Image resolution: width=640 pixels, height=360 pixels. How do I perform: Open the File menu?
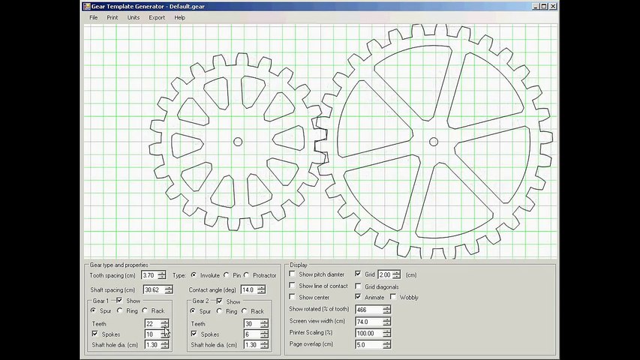pos(93,17)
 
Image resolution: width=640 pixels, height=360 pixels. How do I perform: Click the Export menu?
pos(157,17)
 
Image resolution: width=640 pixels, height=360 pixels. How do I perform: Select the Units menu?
pos(134,17)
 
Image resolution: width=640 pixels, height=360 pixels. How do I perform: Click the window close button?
pos(553,6)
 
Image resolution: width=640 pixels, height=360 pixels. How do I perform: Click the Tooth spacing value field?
pos(149,275)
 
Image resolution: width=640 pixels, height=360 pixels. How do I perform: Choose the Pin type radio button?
pos(227,275)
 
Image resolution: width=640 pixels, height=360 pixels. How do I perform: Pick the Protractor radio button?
pos(247,275)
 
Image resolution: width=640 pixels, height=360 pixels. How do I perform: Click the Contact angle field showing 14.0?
pos(248,289)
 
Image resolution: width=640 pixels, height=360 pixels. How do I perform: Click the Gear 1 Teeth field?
pos(152,324)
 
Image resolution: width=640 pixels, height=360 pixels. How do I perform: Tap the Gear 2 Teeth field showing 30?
pos(251,324)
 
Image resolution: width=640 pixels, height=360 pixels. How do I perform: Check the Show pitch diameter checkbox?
pos(293,274)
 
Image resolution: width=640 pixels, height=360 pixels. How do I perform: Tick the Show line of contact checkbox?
pos(293,286)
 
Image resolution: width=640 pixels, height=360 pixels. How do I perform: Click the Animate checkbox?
pos(358,297)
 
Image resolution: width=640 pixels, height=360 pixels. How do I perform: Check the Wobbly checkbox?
pos(393,297)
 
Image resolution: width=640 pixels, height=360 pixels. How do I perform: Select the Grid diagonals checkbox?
pos(358,286)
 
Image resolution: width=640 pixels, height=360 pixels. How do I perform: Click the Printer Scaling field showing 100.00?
pos(368,333)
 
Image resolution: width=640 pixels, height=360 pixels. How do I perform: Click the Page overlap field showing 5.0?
pos(368,344)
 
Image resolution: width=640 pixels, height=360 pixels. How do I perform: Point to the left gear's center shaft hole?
pos(238,142)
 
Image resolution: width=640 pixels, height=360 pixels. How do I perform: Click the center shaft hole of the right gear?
pos(434,142)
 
